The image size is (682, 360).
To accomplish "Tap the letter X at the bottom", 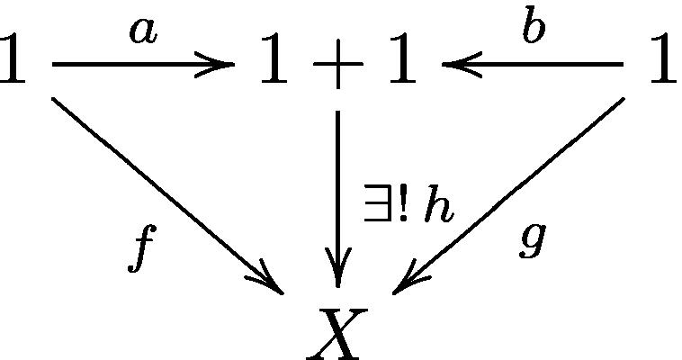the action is coord(337,332).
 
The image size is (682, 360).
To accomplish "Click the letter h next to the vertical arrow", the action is coord(439,208).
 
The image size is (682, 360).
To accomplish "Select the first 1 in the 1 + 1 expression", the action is coord(274,62).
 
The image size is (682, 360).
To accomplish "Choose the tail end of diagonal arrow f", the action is coord(54,98).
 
